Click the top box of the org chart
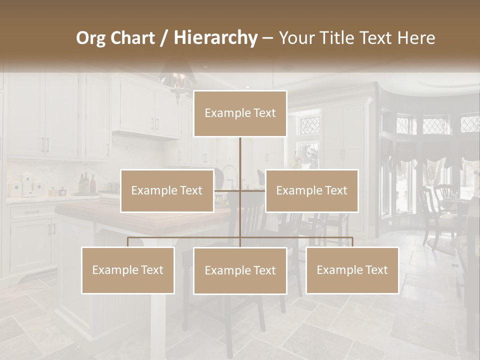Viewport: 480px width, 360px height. click(x=240, y=113)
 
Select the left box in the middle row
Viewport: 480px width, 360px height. click(x=167, y=190)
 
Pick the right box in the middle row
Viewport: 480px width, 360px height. click(x=311, y=190)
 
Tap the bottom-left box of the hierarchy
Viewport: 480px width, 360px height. click(x=128, y=270)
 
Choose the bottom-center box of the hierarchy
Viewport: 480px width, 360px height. click(x=240, y=270)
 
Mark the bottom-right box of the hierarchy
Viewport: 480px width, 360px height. click(x=352, y=270)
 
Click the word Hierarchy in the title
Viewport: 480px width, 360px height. click(x=215, y=37)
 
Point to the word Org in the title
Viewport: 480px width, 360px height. click(x=90, y=37)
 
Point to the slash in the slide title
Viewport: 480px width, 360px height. click(x=164, y=38)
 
